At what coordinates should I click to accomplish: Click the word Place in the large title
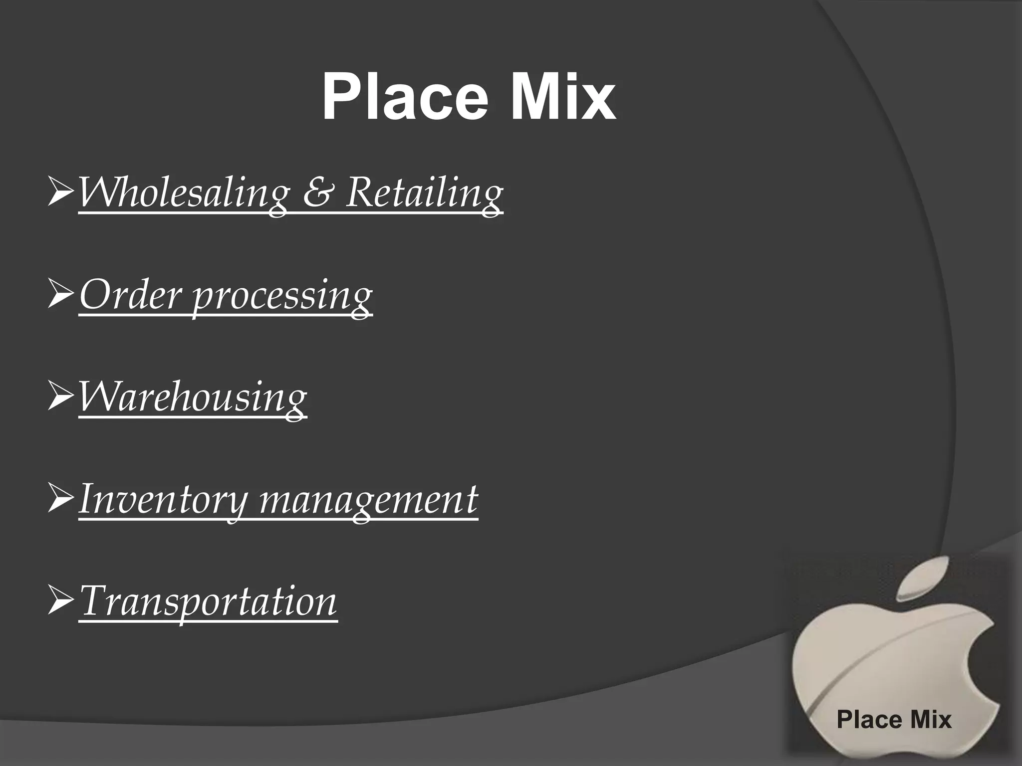click(404, 97)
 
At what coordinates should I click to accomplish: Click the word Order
click(130, 295)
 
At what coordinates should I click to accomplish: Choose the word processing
click(282, 297)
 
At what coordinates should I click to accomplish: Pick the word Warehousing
click(193, 398)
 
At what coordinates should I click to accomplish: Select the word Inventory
click(163, 500)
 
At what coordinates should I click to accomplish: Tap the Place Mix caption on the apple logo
click(894, 719)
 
